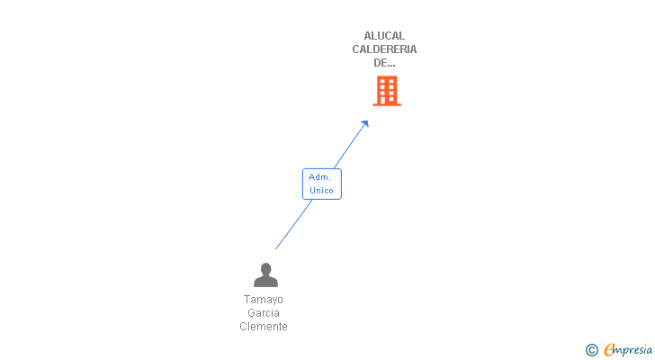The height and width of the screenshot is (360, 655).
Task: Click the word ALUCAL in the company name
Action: [x=384, y=36]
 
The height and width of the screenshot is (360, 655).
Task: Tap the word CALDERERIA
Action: [x=384, y=49]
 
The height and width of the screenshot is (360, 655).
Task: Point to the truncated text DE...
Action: [x=384, y=63]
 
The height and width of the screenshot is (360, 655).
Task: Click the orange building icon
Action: [x=387, y=91]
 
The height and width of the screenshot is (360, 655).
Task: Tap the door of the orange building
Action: [x=382, y=100]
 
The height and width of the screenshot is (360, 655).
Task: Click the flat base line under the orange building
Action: [x=387, y=104]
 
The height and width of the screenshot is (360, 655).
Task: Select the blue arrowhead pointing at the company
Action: [x=364, y=124]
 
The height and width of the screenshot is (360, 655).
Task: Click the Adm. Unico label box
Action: [x=322, y=184]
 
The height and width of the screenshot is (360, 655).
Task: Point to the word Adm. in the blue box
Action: [x=319, y=177]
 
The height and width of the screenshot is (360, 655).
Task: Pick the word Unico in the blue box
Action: [x=322, y=191]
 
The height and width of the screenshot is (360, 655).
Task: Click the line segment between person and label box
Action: [x=293, y=225]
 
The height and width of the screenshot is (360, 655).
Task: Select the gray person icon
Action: [x=265, y=274]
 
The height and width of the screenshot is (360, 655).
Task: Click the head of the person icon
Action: [x=265, y=268]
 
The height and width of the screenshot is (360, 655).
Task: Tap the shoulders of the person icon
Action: [x=265, y=282]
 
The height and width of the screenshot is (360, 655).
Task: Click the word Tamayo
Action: [x=263, y=300]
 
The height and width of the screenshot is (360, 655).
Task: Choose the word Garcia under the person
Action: [x=263, y=313]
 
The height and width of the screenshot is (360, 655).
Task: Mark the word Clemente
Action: [x=263, y=326]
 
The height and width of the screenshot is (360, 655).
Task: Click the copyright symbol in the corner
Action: [x=591, y=350]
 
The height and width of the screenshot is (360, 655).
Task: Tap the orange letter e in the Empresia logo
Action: [x=609, y=349]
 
